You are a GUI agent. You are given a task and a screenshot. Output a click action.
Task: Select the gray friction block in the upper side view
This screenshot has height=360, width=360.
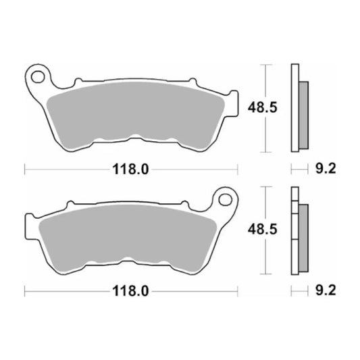(303, 115)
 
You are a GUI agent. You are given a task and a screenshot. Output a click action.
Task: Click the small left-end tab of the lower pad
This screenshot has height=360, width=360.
(29, 228)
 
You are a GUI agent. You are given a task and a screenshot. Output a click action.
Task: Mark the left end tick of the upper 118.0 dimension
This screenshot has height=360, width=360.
(25, 170)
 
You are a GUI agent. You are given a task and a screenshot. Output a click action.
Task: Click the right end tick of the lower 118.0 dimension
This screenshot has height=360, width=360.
(237, 292)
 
